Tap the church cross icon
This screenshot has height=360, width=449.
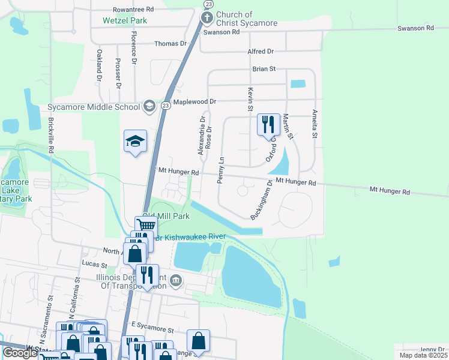click(x=206, y=18)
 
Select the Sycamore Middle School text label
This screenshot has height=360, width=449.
click(x=93, y=107)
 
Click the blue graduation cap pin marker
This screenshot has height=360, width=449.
click(x=135, y=142)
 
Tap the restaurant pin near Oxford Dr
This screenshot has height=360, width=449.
click(x=268, y=125)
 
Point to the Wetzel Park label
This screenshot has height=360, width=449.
click(x=125, y=20)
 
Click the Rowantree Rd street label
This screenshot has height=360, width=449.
click(x=133, y=10)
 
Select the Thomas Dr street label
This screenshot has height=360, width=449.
click(x=171, y=44)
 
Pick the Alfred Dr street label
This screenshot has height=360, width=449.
click(x=261, y=52)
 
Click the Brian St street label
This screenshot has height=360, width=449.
click(x=264, y=69)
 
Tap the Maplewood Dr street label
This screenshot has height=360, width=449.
click(x=194, y=103)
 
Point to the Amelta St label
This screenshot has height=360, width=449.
click(x=313, y=124)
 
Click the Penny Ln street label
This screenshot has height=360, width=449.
click(x=221, y=170)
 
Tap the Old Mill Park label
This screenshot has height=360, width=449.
click(x=166, y=215)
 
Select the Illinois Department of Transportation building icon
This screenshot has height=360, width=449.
click(x=175, y=280)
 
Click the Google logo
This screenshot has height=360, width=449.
click(x=20, y=352)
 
